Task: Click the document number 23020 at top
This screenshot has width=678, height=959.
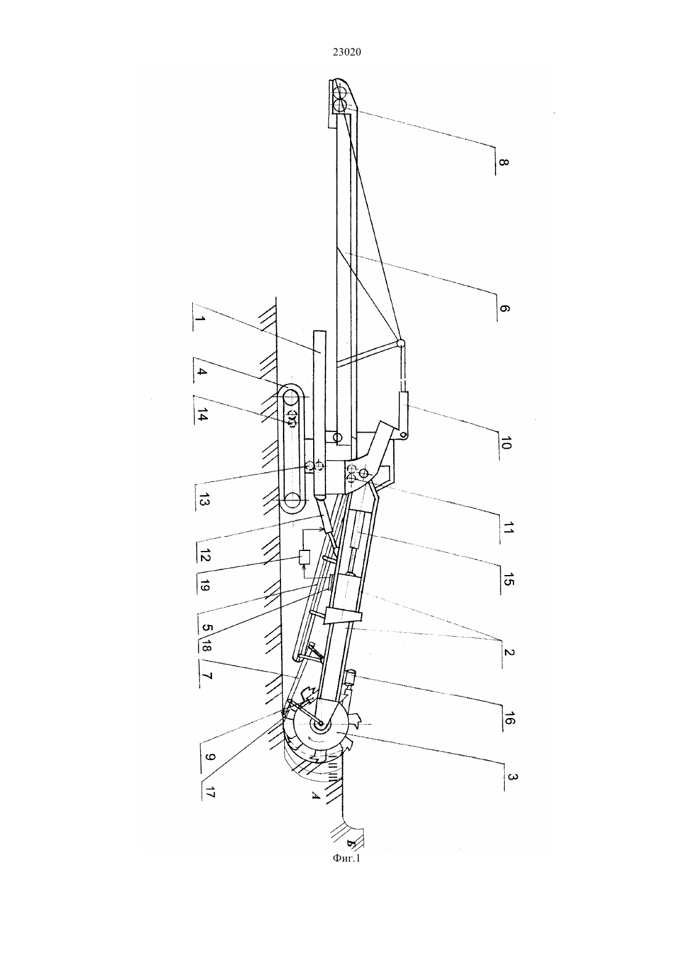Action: (346, 52)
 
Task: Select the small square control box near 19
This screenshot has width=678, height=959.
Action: (304, 558)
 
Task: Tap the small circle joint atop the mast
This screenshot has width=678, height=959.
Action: (401, 343)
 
